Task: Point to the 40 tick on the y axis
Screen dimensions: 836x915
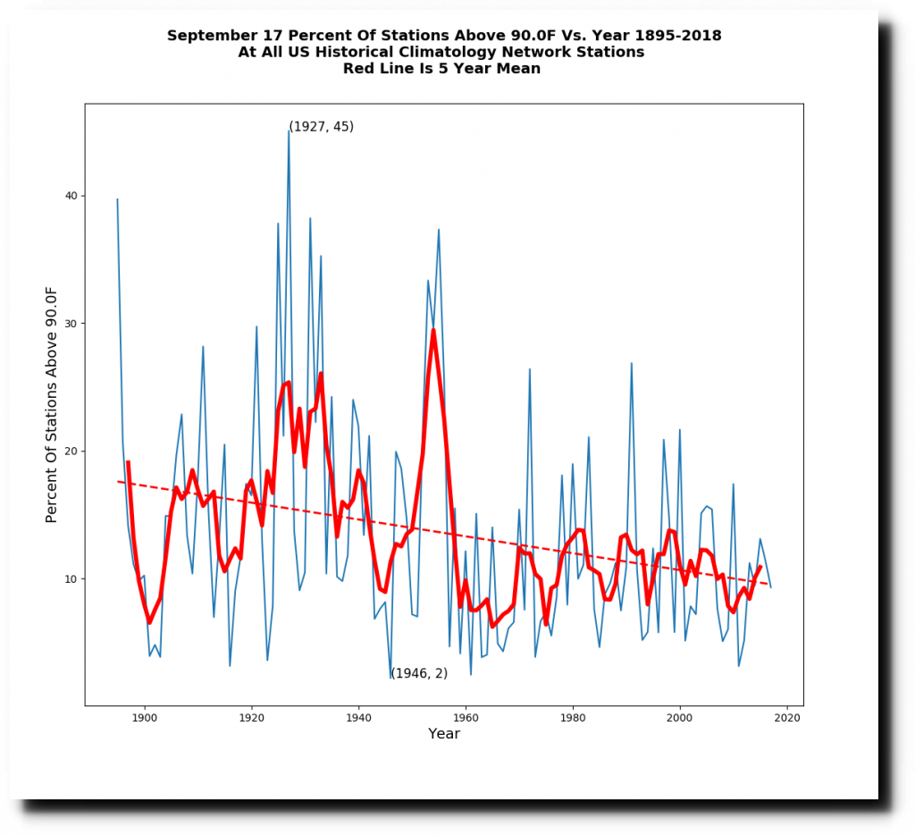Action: point(71,196)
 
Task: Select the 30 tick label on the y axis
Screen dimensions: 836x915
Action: point(71,324)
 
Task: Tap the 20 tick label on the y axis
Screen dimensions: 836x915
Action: point(71,452)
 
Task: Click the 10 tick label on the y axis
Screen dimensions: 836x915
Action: point(71,579)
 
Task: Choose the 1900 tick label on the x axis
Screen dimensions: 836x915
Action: point(144,717)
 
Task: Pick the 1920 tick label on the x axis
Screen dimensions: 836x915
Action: point(251,717)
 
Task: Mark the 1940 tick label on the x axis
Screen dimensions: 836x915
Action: point(358,717)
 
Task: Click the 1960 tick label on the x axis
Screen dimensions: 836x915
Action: point(466,717)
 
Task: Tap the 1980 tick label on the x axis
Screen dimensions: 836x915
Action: point(573,717)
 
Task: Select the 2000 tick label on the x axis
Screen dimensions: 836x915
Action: point(680,717)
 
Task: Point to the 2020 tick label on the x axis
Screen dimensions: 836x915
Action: point(787,717)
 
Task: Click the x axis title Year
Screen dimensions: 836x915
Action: point(444,734)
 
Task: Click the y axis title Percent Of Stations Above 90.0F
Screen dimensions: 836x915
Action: point(52,404)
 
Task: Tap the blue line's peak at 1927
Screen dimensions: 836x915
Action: point(289,131)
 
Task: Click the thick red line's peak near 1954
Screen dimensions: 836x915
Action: point(433,330)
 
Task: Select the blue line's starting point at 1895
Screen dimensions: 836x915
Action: point(117,199)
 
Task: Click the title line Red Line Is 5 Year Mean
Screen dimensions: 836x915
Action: point(441,69)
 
